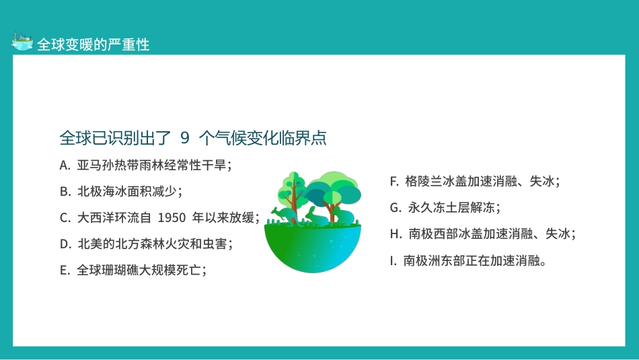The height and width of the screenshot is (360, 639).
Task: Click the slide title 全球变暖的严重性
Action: coord(93,45)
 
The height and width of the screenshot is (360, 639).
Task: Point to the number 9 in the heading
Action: coord(185,138)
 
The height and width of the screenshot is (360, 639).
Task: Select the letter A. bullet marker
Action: coord(65,165)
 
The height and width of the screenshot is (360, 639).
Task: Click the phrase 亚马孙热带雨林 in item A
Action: coord(120,165)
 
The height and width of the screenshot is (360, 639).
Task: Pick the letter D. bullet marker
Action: coord(65,244)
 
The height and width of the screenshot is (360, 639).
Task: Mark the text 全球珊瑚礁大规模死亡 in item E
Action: coord(139,270)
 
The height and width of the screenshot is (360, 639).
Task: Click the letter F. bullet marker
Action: coord(395,181)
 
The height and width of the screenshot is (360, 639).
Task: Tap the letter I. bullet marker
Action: coord(393,260)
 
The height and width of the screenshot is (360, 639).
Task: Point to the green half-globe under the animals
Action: coord(312,249)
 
